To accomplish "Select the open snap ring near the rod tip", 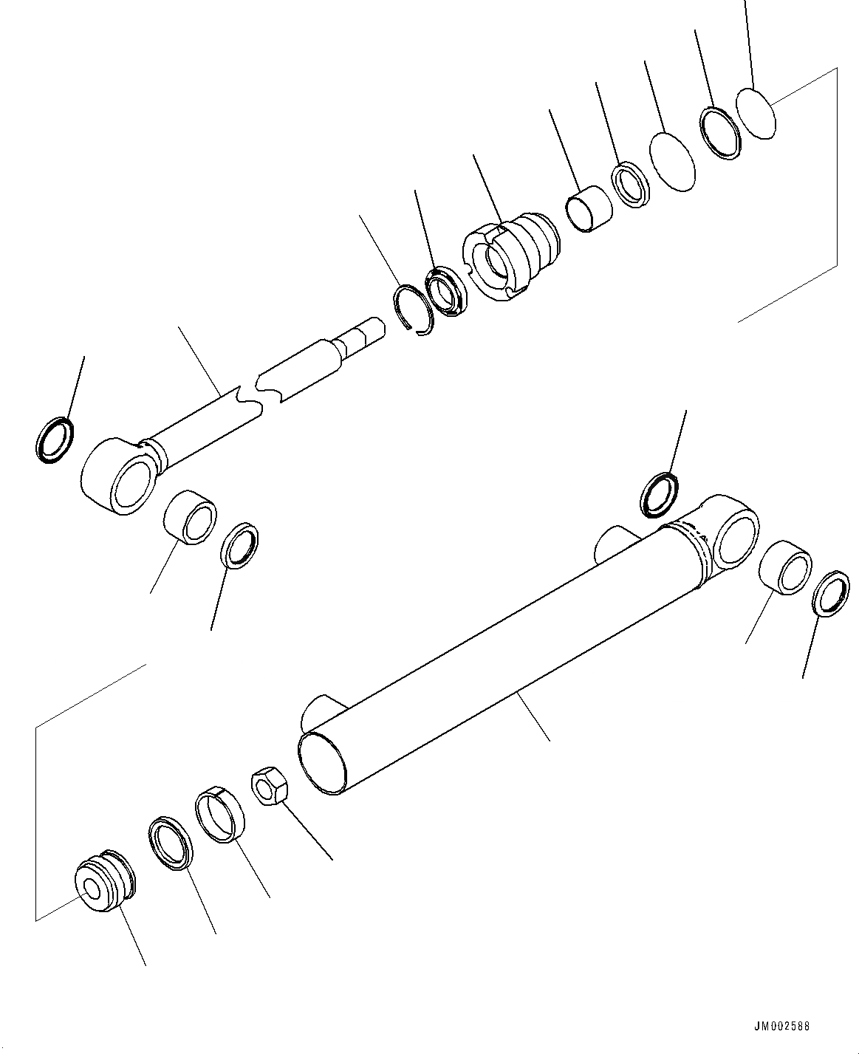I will [x=413, y=308].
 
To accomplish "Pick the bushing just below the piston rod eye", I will [x=191, y=517].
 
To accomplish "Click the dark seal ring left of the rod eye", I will [x=55, y=440].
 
